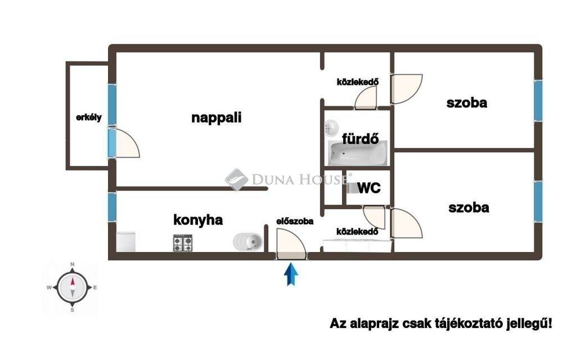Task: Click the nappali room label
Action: click(x=217, y=118)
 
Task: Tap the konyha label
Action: click(x=198, y=220)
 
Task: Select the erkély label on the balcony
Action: click(x=88, y=118)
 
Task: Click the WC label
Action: click(x=369, y=188)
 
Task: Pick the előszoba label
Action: click(x=295, y=221)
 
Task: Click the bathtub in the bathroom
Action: click(x=358, y=153)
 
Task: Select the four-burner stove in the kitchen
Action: click(x=183, y=243)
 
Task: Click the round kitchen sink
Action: click(x=248, y=242)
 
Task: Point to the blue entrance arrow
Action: click(x=291, y=274)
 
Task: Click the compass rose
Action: click(x=73, y=287)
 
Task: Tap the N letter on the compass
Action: click(x=73, y=264)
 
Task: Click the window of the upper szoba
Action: click(x=538, y=101)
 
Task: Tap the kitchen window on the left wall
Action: click(x=112, y=207)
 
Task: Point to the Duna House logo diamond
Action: click(x=237, y=179)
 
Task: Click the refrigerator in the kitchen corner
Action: click(x=126, y=242)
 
